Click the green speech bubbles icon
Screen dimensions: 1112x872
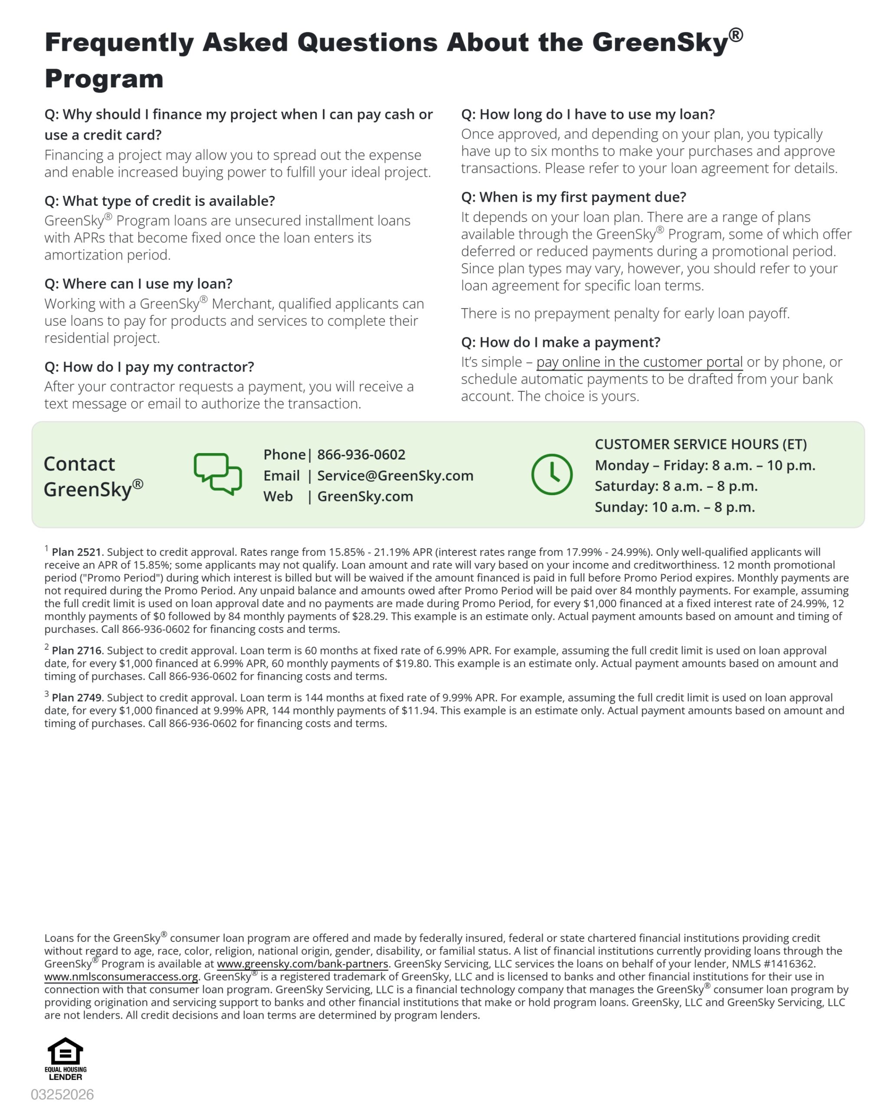tap(217, 474)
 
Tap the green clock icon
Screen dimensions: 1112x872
tap(551, 474)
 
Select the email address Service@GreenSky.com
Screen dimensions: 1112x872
tap(395, 475)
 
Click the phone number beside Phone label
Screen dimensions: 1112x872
tap(361, 454)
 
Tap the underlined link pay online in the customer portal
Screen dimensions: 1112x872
tap(639, 362)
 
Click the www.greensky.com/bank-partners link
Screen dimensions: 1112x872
tap(302, 963)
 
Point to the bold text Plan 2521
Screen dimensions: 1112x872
tap(77, 552)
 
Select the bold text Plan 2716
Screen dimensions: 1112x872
tap(77, 651)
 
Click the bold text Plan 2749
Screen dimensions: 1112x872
tap(77, 698)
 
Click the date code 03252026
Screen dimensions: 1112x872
tap(62, 1094)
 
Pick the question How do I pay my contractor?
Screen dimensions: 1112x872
tap(149, 367)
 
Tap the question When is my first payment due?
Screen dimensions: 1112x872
tap(574, 197)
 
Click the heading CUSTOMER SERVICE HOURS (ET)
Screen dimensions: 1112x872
tap(701, 444)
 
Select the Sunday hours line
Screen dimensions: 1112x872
tap(675, 507)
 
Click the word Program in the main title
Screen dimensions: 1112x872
tap(104, 79)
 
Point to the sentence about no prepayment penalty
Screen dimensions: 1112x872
tap(625, 313)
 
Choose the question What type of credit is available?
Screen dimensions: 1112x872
tap(160, 201)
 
